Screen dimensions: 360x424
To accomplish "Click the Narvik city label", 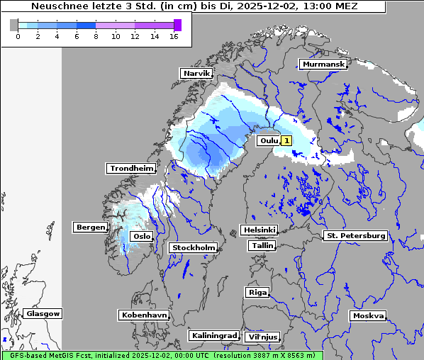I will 197,73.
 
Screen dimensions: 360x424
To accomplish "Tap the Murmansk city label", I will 323,64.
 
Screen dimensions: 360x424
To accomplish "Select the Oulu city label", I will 269,140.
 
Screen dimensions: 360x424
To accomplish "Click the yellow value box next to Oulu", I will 286,140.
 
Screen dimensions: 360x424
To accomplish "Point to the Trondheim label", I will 131,168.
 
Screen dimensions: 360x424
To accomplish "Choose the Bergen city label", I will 90,227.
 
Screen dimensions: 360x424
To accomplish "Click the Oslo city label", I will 142,236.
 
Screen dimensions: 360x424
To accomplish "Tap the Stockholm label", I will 194,247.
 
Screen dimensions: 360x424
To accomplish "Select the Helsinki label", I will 259,230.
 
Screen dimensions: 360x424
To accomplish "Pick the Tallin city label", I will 262,245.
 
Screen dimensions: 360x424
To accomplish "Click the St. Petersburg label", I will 355,235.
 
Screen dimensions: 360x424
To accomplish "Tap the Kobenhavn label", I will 144,314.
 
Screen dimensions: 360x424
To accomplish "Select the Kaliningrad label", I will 213,335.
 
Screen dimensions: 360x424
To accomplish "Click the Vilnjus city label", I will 262,337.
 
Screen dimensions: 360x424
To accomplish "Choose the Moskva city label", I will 368,315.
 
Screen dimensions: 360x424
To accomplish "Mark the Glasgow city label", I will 43,313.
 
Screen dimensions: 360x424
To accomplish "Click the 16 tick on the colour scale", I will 174,36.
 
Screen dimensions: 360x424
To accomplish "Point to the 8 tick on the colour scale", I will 96,36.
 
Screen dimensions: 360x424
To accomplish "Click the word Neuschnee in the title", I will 57,6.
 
